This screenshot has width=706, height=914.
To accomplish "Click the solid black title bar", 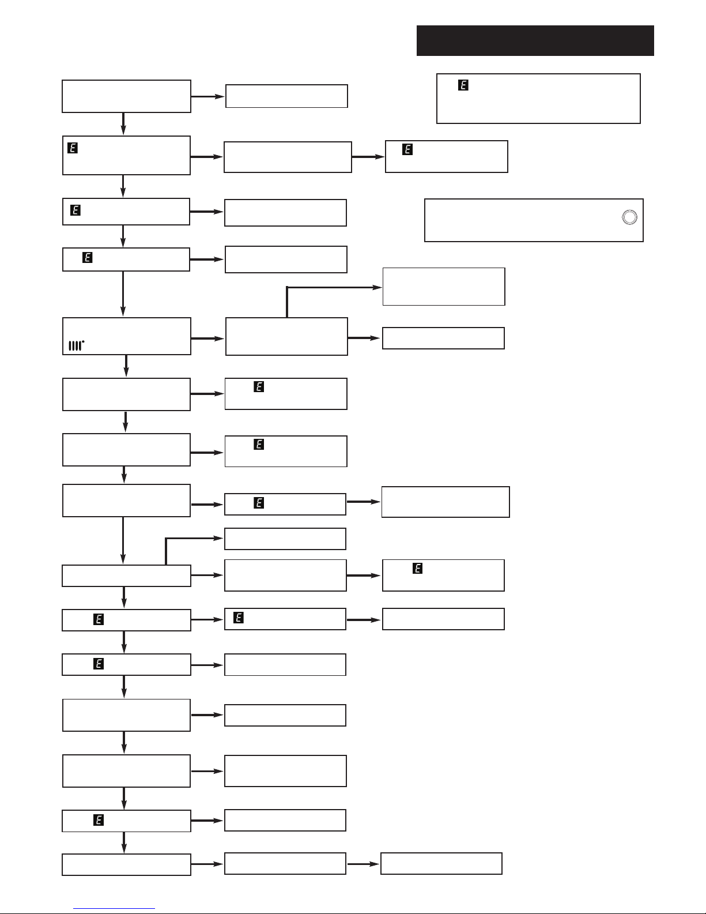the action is coord(535,40).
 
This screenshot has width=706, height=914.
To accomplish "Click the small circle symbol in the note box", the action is coord(629,217).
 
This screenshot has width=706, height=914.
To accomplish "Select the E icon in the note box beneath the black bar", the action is coord(463,85).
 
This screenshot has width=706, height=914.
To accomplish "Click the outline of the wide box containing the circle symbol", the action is coord(534,200).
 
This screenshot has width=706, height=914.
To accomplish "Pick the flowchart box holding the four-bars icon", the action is coord(126,336).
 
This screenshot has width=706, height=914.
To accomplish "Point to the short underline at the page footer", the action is coord(114,909).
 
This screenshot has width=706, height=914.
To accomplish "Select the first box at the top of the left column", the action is coord(126,96).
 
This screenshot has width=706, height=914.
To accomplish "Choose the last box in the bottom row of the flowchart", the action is coord(441,863).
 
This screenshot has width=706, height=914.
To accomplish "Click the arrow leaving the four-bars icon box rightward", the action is coord(207,338).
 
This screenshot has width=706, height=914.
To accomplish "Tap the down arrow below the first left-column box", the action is coord(123,123).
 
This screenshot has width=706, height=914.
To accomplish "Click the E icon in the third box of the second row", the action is coord(407,149).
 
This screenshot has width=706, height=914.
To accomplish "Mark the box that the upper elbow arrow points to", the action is coord(444,287).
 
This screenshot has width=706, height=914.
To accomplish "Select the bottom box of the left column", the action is coord(126,865).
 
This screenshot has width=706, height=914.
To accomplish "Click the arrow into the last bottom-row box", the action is coord(363,864).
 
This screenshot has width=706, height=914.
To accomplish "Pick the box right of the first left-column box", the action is coord(286,96).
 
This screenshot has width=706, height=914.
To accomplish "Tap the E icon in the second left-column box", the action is coord(73,148).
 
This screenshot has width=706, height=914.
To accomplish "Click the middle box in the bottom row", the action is coord(285,863).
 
